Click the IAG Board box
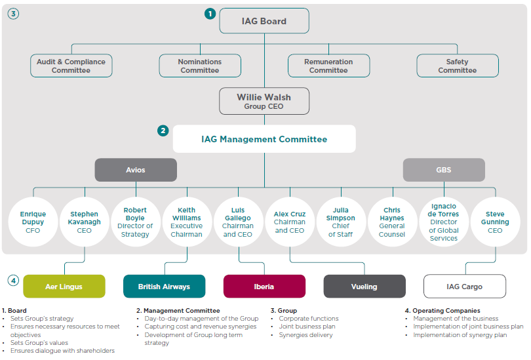(x=264, y=21)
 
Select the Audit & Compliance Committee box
(x=71, y=66)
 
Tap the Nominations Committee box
(x=200, y=66)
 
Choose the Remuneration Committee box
(x=328, y=66)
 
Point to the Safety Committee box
(x=458, y=66)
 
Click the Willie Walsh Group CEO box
(x=264, y=101)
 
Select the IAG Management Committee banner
(x=264, y=139)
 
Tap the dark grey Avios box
(x=136, y=170)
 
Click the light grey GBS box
(x=444, y=170)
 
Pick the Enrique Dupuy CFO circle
(x=33, y=222)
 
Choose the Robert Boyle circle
(x=135, y=222)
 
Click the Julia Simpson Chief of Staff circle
(x=341, y=222)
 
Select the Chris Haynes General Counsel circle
(x=392, y=222)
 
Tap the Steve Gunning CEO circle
(x=495, y=222)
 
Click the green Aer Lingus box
(x=64, y=287)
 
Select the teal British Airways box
(x=165, y=287)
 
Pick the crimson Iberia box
(x=264, y=287)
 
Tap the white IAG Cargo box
(x=465, y=287)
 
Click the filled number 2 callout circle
(x=163, y=130)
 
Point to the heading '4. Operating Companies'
(x=442, y=311)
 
